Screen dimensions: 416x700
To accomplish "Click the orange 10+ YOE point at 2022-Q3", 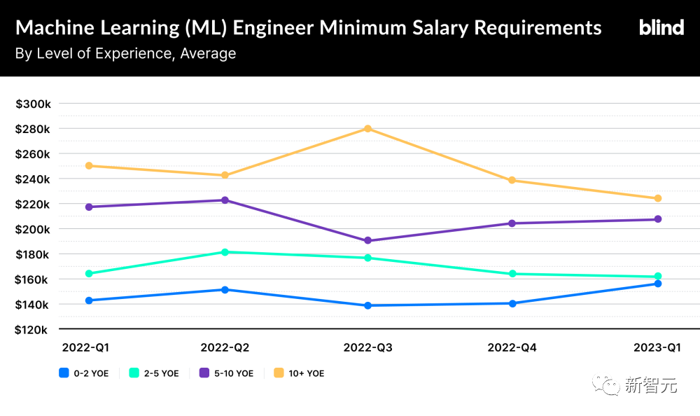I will pos(367,129).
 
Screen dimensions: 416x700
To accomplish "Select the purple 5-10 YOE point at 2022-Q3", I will pos(367,241).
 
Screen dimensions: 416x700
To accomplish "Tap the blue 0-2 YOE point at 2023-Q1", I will pos(658,284).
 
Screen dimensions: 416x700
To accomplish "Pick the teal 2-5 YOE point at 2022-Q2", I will pos(225,252).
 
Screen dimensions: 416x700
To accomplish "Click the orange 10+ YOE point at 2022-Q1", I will pos(89,166).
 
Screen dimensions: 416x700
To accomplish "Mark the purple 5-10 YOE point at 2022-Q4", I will pos(512,223).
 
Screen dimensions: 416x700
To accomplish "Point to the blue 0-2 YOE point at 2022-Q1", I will pos(89,300).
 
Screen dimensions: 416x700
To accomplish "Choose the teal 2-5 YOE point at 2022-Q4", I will pos(512,274).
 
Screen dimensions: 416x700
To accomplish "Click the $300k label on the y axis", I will pos(33,104).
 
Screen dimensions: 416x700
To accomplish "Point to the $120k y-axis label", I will pos(33,330).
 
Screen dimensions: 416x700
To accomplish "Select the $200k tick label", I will pos(33,229).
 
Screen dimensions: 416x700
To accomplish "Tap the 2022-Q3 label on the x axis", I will pos(367,347).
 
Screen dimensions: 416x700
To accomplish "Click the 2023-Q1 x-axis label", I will pos(657,347).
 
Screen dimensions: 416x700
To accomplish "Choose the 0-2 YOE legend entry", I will pos(84,373).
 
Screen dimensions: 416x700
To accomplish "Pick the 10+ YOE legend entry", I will pos(298,373).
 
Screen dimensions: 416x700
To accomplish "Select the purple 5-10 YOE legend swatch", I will pos(204,373).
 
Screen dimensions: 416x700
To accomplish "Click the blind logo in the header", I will pos(661,28).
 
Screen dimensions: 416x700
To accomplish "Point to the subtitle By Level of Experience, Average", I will pos(125,53).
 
